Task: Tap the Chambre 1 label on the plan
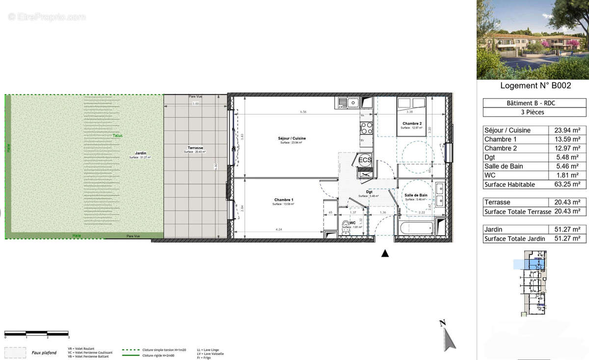[283, 200]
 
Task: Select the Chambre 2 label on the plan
[411, 124]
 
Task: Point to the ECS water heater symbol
[365, 160]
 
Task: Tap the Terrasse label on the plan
[195, 148]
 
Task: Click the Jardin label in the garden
[141, 153]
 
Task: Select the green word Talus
[117, 136]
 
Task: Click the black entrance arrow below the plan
[385, 253]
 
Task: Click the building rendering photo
[533, 40]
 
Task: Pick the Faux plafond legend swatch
[15, 353]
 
